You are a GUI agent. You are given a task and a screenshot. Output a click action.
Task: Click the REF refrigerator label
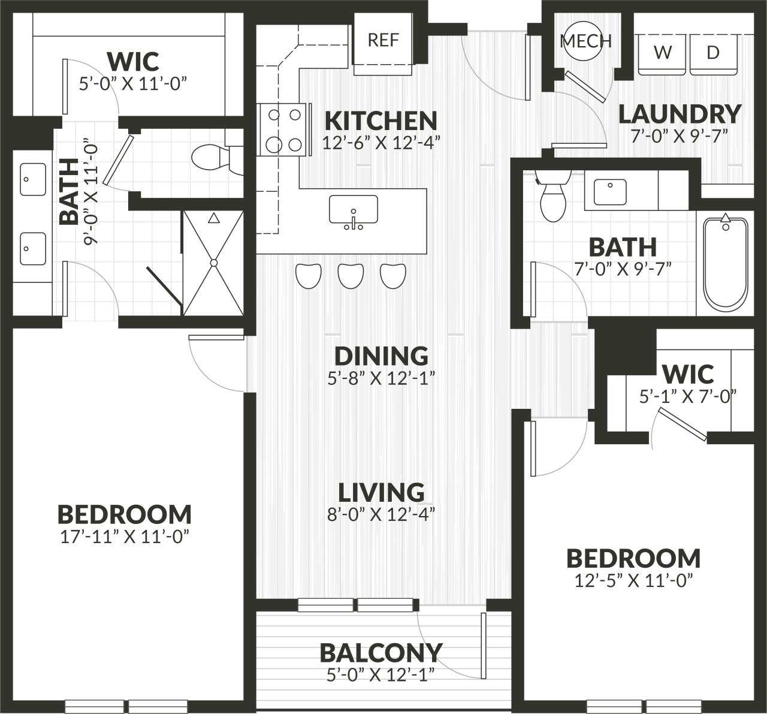coord(383,40)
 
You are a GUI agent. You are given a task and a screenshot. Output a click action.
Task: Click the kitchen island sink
coord(354,212)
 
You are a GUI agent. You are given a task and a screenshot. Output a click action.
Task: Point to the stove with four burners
coord(283,129)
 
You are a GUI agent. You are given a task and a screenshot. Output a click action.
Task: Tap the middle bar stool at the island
coord(351,275)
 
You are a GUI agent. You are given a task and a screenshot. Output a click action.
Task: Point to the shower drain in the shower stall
coord(213,263)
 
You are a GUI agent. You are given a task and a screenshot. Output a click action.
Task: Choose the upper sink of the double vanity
coord(33,179)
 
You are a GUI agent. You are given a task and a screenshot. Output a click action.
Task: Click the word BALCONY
coord(381,652)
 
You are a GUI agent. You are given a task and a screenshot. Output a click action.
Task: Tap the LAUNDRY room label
coord(680,113)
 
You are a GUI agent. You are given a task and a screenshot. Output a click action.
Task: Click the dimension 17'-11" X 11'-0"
coord(125,537)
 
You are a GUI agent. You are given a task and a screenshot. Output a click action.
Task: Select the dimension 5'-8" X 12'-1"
coord(381,378)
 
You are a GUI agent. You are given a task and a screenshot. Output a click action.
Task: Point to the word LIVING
coord(381,493)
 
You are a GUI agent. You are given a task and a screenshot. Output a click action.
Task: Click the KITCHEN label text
coord(381,120)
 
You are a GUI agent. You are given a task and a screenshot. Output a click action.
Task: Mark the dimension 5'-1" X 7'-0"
coord(687,396)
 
